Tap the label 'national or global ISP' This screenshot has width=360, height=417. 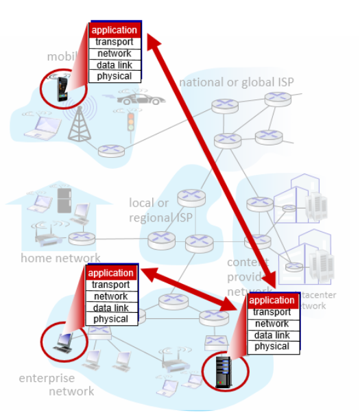pyautogui.click(x=237, y=82)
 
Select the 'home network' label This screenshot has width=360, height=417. pyautogui.click(x=60, y=259)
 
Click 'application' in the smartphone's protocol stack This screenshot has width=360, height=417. pyautogui.click(x=115, y=30)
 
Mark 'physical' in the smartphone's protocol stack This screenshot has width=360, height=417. pyautogui.click(x=115, y=76)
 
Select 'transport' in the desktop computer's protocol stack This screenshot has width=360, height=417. pyautogui.click(x=111, y=285)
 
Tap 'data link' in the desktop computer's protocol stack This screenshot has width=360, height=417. pyautogui.click(x=111, y=308)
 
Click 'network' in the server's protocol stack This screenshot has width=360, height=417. pyautogui.click(x=272, y=324)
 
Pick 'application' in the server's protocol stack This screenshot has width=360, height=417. pyautogui.click(x=272, y=300)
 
